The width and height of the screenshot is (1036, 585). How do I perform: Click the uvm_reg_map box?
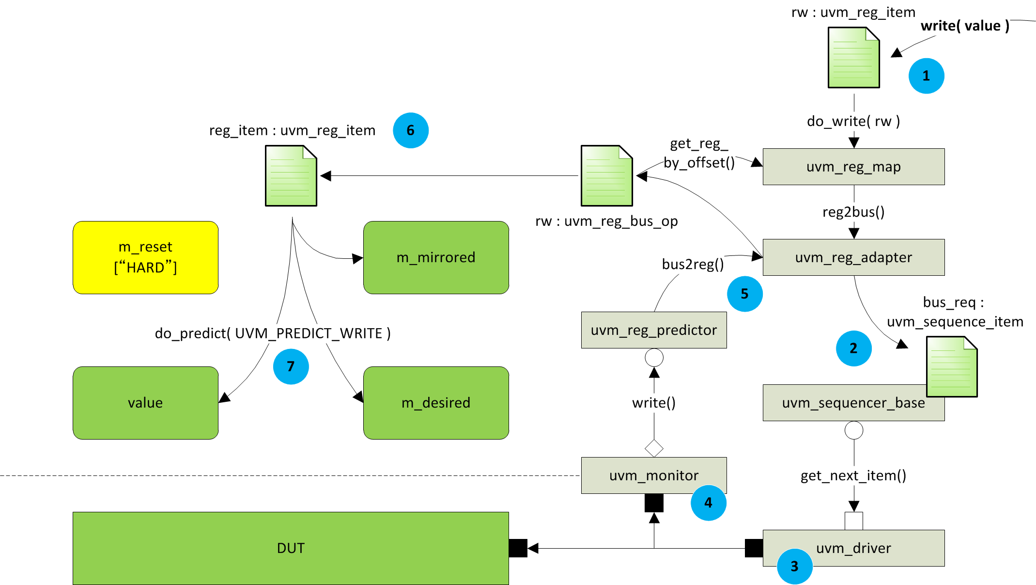click(x=853, y=167)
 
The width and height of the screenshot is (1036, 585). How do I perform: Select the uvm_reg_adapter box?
click(x=853, y=257)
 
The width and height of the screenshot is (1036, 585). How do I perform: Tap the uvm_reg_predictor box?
click(x=653, y=330)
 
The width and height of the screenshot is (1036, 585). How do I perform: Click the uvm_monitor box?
click(x=653, y=475)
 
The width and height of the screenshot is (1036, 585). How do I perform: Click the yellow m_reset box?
click(x=145, y=257)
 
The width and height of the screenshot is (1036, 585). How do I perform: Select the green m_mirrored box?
click(x=436, y=257)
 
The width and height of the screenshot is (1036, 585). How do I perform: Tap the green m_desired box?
click(x=436, y=403)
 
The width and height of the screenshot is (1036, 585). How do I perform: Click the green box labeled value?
click(x=145, y=403)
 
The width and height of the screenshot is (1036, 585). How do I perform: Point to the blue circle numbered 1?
click(x=926, y=76)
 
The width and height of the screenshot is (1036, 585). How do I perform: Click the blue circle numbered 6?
click(x=410, y=130)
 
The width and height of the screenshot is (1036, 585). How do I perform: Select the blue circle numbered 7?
click(x=291, y=366)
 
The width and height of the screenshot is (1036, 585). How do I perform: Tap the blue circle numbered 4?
click(x=708, y=503)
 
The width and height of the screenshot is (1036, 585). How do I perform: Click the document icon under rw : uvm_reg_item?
click(x=853, y=58)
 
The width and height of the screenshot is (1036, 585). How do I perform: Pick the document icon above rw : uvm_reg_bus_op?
click(x=606, y=175)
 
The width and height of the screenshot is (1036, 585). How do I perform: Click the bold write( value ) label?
click(x=965, y=26)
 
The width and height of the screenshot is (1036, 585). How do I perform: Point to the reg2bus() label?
click(x=853, y=212)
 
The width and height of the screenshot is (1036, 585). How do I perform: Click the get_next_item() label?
click(x=853, y=475)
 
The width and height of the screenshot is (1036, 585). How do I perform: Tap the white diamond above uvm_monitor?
click(x=654, y=448)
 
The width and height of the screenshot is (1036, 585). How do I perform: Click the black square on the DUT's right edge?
click(x=518, y=548)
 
